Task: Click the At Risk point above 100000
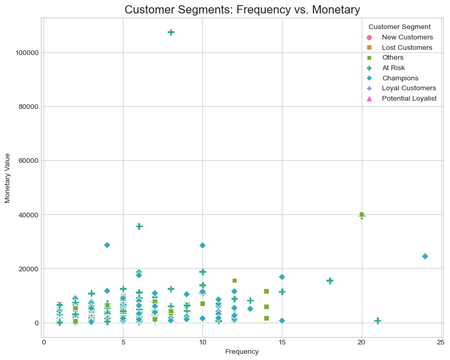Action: (171, 32)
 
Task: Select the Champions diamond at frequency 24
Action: (425, 256)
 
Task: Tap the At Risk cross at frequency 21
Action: (377, 321)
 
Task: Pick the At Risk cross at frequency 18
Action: (330, 281)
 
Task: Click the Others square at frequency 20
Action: (362, 215)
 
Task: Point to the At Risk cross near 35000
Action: (139, 227)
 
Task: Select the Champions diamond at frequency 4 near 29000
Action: (107, 245)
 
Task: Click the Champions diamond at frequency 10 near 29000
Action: (202, 245)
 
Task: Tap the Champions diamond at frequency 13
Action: (250, 309)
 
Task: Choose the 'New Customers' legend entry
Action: (407, 37)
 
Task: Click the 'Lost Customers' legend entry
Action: (407, 47)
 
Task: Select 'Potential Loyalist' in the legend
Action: (409, 98)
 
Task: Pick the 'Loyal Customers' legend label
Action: (408, 88)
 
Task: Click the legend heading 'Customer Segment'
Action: (399, 26)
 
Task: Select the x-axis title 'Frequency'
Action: (242, 352)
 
